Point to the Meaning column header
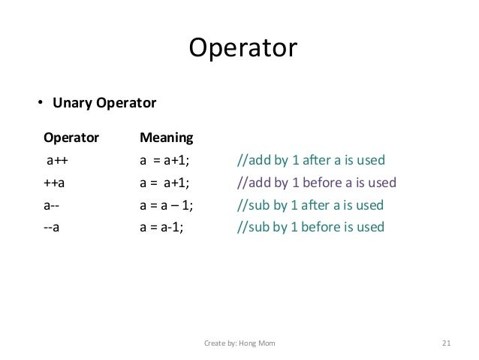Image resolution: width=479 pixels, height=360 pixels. (167, 138)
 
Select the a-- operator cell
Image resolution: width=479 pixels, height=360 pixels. (53, 204)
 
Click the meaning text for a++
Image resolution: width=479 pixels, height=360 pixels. (165, 160)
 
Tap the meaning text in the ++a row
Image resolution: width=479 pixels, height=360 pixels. (165, 183)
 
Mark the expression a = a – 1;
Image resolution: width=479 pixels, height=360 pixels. (171, 204)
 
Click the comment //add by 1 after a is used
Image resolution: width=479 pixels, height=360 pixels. (311, 160)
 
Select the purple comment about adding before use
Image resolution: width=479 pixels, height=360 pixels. (316, 183)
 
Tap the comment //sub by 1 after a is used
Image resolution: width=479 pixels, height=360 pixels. (310, 204)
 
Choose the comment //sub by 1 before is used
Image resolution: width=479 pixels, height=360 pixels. (310, 226)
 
